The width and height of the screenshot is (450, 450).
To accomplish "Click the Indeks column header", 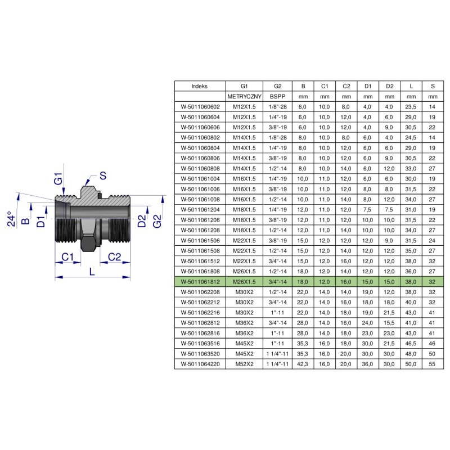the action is point(199,86).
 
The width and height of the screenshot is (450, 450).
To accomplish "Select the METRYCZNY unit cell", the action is point(244,96).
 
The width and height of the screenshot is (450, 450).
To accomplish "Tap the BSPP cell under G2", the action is point(277,96).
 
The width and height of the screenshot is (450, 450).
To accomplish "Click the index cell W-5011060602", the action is point(200,107).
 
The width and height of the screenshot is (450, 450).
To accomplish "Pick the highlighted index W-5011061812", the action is point(200,282).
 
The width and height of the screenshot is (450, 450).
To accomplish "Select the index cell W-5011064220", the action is point(200,364).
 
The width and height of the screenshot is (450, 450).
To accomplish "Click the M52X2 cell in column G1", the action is point(244,364).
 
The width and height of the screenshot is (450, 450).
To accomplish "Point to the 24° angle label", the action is point(11,219).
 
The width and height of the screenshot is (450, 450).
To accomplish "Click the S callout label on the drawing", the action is point(103,175).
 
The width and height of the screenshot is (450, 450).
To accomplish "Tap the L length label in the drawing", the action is point(92,271).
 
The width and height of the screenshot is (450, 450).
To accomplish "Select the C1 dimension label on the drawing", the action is point(67,256).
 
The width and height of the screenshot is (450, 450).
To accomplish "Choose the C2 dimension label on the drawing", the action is point(115,256).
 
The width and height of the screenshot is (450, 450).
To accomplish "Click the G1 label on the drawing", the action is point(58,178).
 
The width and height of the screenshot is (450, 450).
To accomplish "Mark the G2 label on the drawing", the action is point(157,221).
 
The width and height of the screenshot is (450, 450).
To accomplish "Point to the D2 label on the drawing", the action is point(142,221).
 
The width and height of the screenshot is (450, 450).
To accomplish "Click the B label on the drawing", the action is point(25,220).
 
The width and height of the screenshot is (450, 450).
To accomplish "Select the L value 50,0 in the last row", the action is point(411,364).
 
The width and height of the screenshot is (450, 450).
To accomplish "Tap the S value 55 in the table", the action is point(432,364).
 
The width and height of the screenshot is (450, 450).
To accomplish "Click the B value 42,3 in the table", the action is point(303,364).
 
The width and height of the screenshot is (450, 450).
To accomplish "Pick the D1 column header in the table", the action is point(368,86).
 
